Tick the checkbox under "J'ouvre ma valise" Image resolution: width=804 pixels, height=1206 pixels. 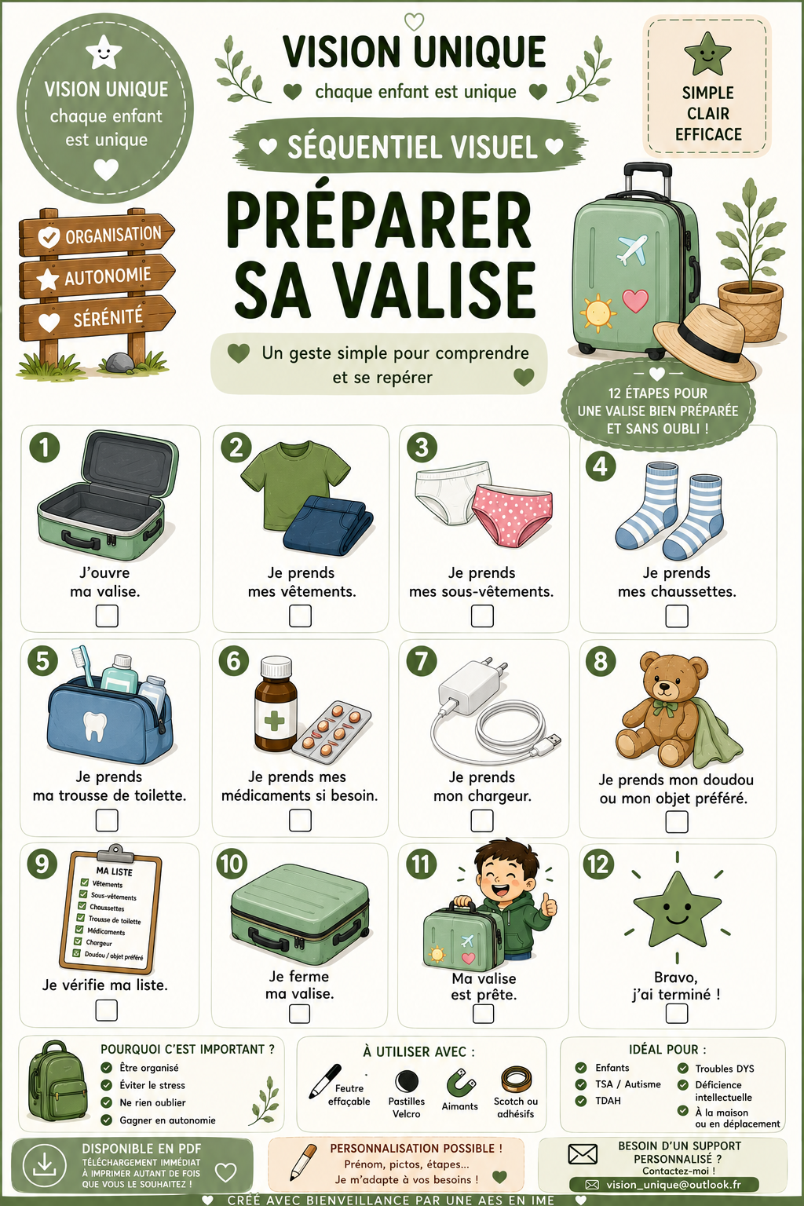click(107, 616)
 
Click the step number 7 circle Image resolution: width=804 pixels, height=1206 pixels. click(422, 661)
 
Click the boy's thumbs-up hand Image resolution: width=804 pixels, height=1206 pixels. click(549, 904)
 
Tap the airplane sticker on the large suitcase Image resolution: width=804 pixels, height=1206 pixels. click(632, 249)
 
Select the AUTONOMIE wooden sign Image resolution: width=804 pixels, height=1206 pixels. click(97, 276)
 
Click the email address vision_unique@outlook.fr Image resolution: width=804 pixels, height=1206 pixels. click(673, 1185)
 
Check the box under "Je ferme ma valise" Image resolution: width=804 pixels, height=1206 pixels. click(299, 1014)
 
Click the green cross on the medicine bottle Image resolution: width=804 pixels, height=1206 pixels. click(274, 721)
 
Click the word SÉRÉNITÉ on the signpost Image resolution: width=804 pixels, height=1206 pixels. click(108, 318)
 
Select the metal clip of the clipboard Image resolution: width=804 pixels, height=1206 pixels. click(115, 853)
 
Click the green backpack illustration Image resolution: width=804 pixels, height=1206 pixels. click(57, 1081)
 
